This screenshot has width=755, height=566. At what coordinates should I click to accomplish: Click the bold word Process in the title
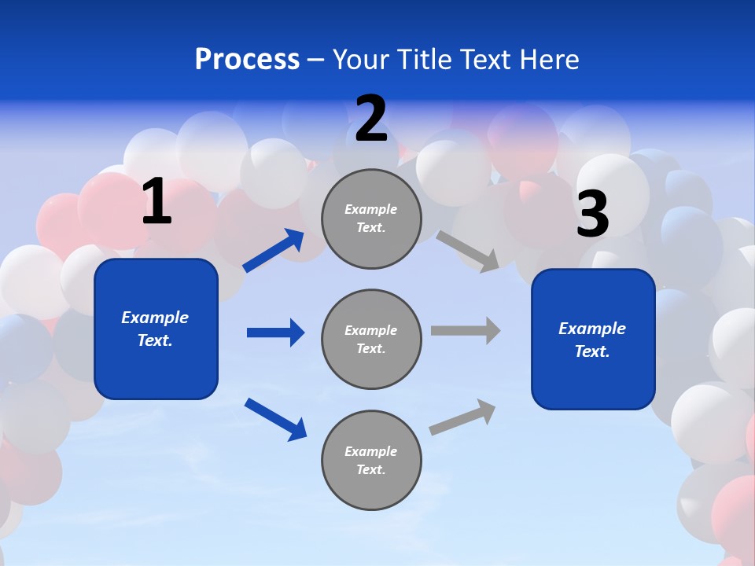click(x=247, y=60)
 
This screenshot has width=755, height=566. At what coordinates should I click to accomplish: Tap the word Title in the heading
click(x=421, y=60)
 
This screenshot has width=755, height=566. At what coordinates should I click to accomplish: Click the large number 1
click(x=157, y=202)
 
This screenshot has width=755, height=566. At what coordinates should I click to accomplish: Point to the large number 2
click(x=371, y=119)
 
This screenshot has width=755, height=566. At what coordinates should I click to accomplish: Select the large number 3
click(x=592, y=214)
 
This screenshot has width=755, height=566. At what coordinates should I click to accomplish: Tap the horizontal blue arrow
click(x=275, y=333)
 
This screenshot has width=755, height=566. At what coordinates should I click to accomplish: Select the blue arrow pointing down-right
click(x=276, y=419)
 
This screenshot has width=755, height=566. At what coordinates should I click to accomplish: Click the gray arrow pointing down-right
click(x=468, y=251)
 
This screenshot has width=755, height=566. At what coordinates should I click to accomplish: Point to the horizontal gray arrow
click(x=466, y=330)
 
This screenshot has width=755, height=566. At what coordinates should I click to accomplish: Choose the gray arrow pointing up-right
click(x=463, y=417)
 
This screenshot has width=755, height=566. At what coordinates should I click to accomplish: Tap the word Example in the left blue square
click(x=155, y=318)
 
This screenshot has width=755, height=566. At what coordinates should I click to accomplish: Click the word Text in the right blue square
click(x=591, y=351)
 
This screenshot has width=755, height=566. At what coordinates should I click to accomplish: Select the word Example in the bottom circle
click(x=371, y=451)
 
